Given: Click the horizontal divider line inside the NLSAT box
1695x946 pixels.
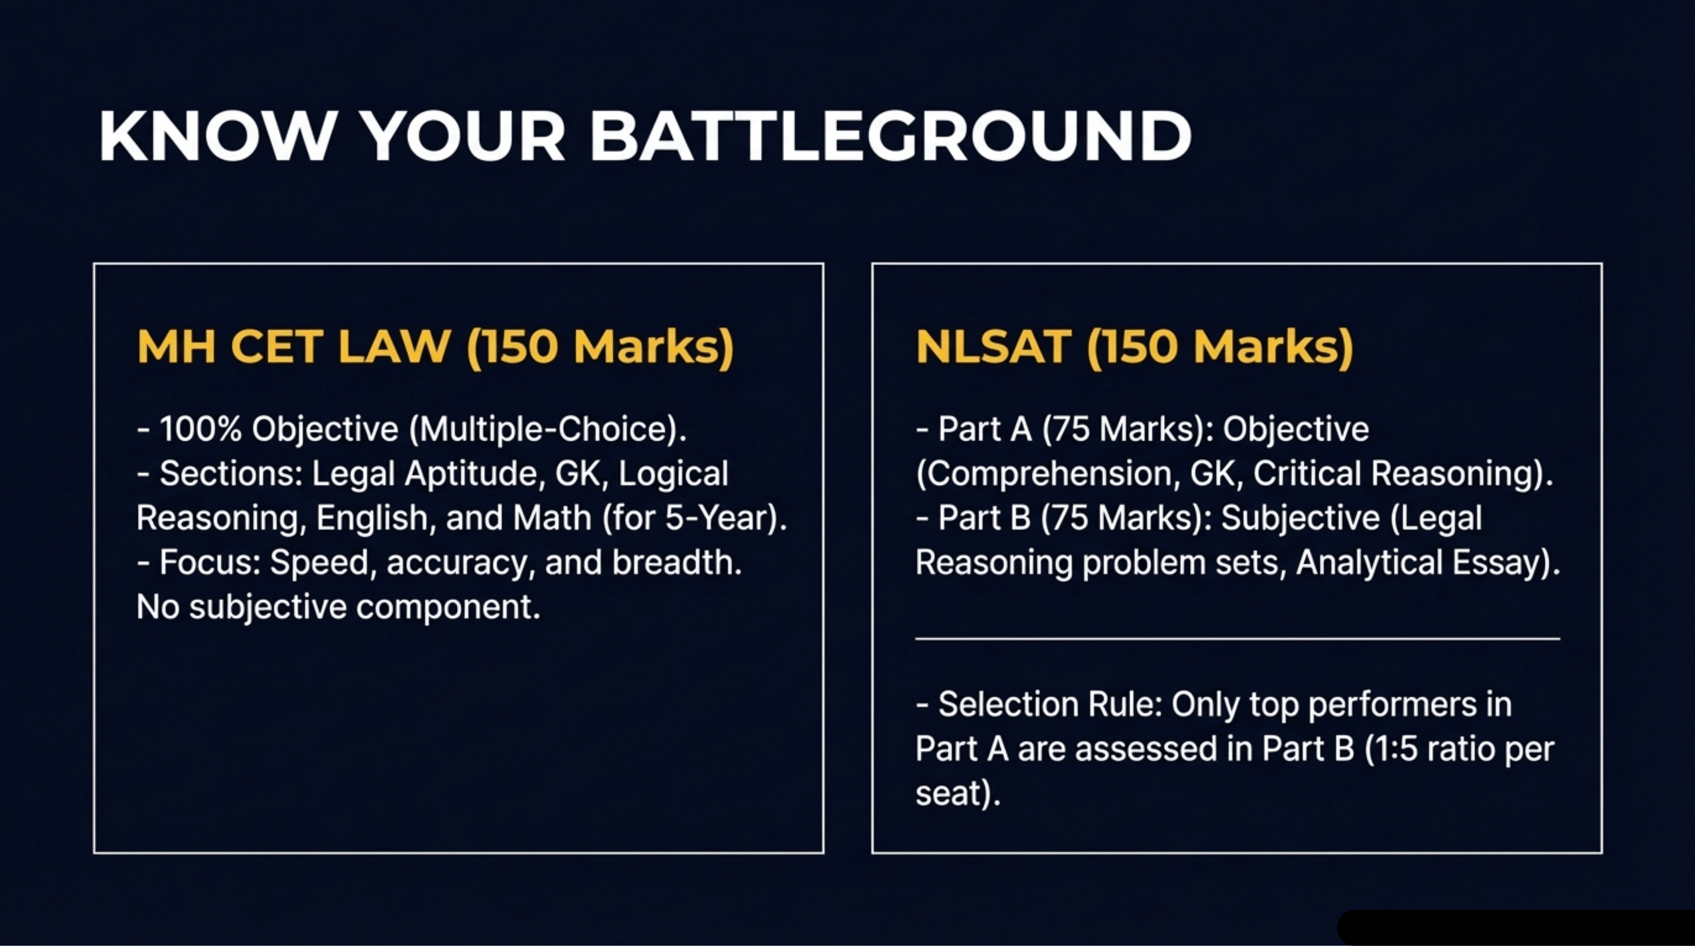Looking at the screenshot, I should tap(1237, 638).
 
